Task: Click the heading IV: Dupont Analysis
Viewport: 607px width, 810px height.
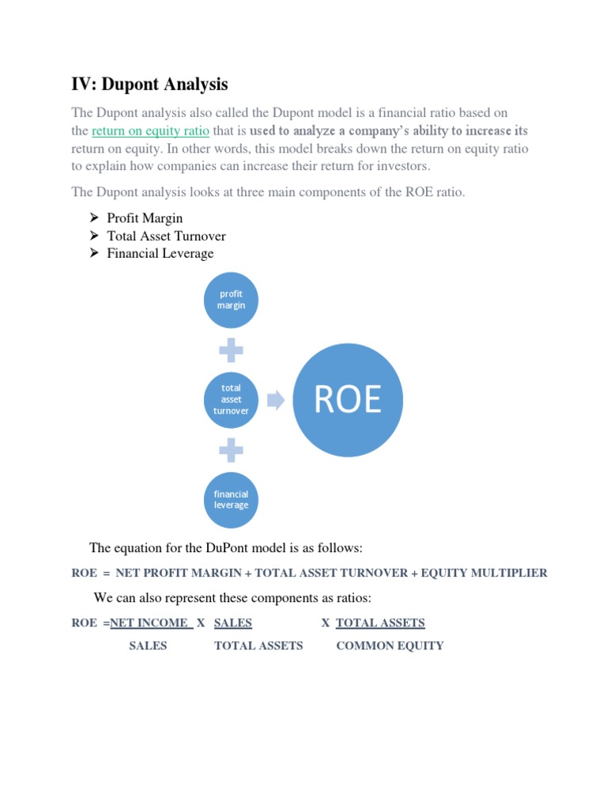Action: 150,84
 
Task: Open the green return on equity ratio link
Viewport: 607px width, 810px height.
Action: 150,131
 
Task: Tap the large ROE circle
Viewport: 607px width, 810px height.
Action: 348,400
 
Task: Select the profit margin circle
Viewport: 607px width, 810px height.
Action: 231,300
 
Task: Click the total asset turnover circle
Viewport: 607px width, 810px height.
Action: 231,399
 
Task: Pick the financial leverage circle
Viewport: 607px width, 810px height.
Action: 231,500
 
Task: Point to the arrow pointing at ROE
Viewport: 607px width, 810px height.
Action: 276,400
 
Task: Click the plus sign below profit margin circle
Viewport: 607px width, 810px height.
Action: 231,350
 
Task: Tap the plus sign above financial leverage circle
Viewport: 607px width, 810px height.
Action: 231,450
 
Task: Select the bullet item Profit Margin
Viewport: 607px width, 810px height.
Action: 145,218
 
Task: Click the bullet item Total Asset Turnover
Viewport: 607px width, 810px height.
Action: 166,236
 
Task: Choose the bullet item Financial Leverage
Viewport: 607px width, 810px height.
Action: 160,253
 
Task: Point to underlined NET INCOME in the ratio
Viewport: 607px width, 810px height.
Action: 150,623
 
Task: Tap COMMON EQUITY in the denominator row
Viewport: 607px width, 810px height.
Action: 390,645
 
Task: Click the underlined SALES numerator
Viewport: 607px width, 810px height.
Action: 233,623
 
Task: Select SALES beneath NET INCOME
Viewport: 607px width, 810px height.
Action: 148,645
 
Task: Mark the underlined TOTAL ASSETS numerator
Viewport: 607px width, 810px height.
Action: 380,623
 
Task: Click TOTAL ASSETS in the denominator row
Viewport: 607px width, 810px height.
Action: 258,645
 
